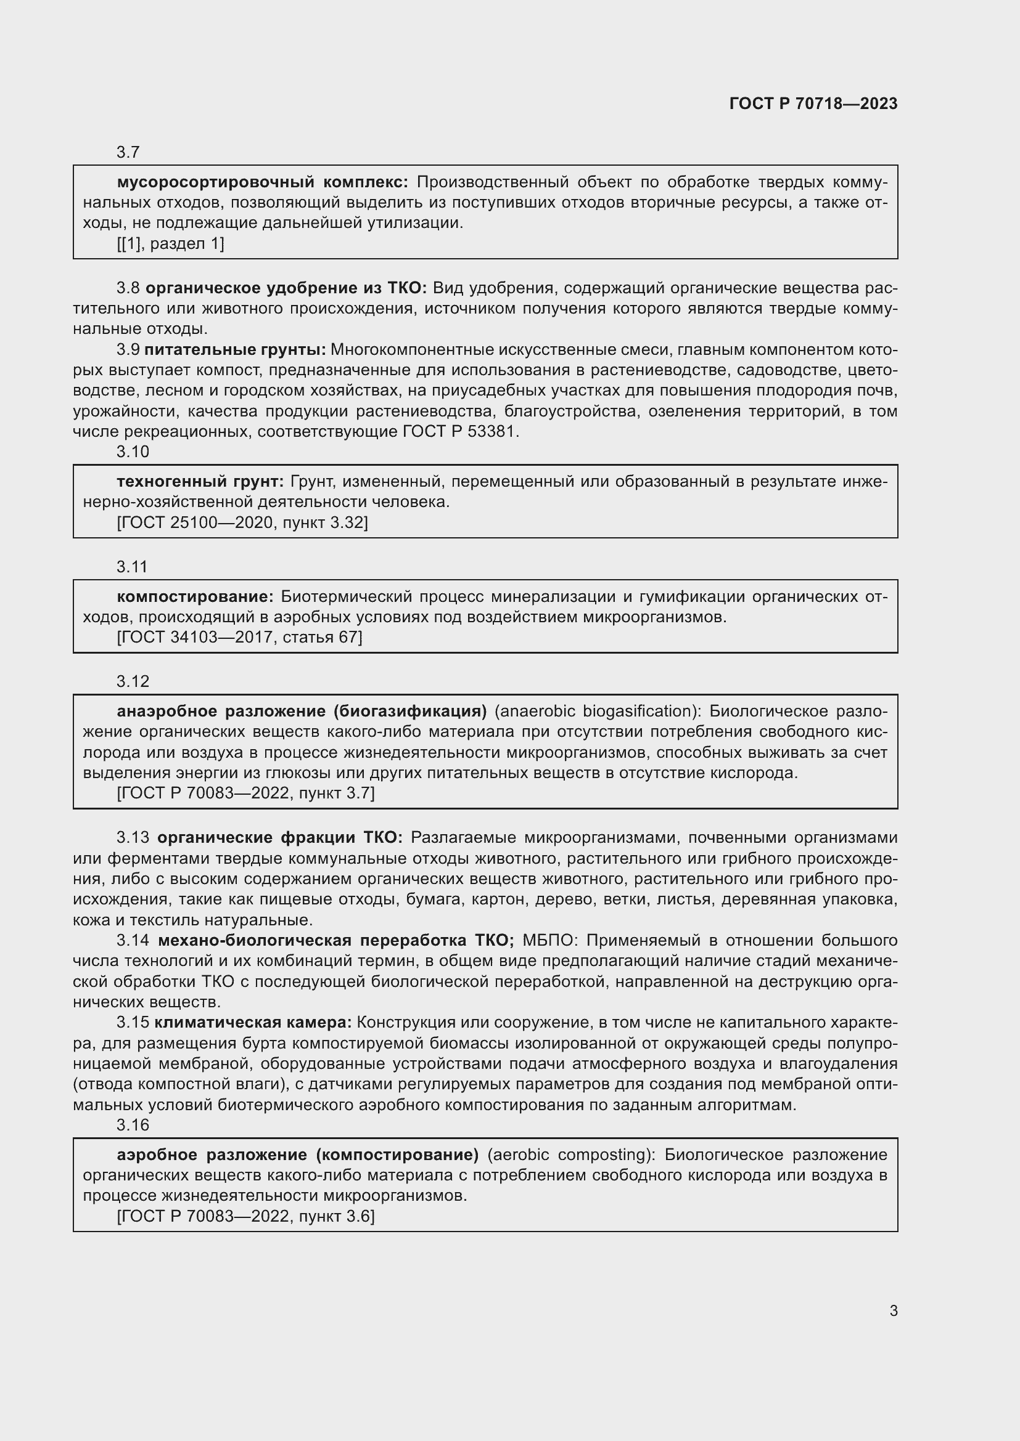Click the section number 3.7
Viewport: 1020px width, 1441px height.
tap(128, 153)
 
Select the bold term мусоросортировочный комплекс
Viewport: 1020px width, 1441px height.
tap(263, 182)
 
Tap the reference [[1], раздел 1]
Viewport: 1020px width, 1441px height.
tap(170, 243)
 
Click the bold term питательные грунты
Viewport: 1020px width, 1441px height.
tap(235, 349)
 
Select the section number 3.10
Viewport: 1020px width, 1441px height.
tap(133, 452)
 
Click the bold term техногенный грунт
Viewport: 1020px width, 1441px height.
tap(200, 482)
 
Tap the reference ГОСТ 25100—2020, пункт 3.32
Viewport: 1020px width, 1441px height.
tap(242, 523)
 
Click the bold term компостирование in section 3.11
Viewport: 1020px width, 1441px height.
tap(195, 597)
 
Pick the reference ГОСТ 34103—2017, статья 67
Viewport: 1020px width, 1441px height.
tap(239, 638)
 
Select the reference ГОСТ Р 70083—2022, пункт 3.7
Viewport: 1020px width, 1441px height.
tap(245, 794)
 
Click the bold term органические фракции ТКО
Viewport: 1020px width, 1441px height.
tap(279, 838)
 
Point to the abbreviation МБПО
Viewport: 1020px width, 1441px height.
tap(548, 940)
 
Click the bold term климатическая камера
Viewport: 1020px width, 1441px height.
tap(253, 1023)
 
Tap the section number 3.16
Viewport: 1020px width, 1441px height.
tap(133, 1126)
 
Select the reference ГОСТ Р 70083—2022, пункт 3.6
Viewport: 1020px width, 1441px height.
tap(245, 1216)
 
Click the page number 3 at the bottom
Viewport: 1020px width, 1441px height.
tap(893, 1311)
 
